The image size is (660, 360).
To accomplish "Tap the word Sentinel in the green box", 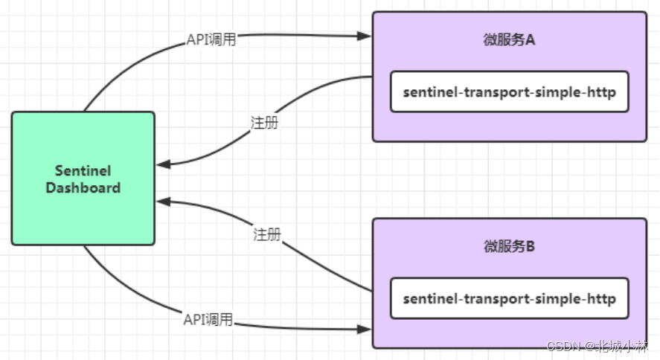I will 83,170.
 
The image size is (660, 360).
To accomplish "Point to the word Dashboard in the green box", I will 83,187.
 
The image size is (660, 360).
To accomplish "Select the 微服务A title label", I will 509,40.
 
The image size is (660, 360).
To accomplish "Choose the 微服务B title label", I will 509,247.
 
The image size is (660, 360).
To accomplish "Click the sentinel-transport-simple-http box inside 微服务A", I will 509,92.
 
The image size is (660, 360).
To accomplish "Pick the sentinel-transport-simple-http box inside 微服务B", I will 509,298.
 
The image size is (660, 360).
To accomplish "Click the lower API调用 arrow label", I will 208,320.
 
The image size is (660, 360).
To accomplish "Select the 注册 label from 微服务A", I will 265,123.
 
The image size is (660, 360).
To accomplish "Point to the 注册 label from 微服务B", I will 267,234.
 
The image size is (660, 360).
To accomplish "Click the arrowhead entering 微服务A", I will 365,36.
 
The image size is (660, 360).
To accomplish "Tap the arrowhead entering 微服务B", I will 365,327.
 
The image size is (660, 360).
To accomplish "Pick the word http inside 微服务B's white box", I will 601,298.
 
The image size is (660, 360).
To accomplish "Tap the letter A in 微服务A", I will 531,40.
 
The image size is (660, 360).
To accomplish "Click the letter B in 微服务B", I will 531,247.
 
